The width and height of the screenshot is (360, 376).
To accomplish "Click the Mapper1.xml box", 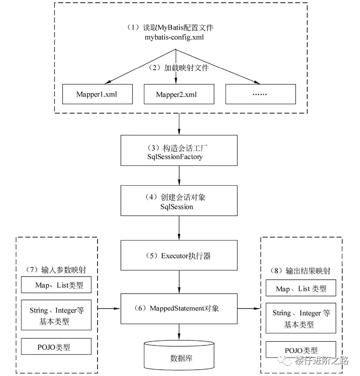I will pos(97,94).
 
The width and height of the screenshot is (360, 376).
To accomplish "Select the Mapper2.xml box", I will pos(176,94).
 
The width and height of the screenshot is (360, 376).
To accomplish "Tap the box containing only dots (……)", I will pos(260,94).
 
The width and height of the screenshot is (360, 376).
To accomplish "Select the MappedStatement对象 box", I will pos(179,309).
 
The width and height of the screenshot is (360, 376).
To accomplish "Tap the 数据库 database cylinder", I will pos(179,355).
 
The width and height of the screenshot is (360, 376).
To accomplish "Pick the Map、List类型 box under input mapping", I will pos(57,285).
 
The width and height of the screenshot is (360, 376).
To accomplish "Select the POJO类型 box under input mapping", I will pos(57,347).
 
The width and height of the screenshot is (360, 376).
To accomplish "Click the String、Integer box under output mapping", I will pos(301,318).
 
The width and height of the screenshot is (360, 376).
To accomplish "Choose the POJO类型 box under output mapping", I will pos(301,350).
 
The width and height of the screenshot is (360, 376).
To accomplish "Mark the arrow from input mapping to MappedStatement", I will pos(108,309).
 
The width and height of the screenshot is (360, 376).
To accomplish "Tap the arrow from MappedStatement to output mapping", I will pos(249,309).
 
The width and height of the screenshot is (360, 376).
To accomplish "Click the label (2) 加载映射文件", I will pos(180,68).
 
